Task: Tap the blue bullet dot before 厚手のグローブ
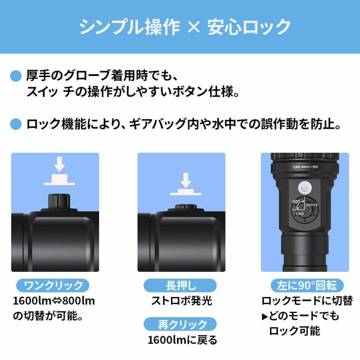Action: [16, 75]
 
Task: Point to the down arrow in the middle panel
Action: [185, 180]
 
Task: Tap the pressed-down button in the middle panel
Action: [185, 207]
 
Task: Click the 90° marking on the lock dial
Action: [296, 202]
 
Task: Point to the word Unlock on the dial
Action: [312, 205]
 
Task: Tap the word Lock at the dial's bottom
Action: [300, 214]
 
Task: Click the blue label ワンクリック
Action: [53, 285]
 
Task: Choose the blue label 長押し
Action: [181, 285]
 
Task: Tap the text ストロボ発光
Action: [181, 301]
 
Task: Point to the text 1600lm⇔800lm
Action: [53, 301]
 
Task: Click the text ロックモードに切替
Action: [307, 301]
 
